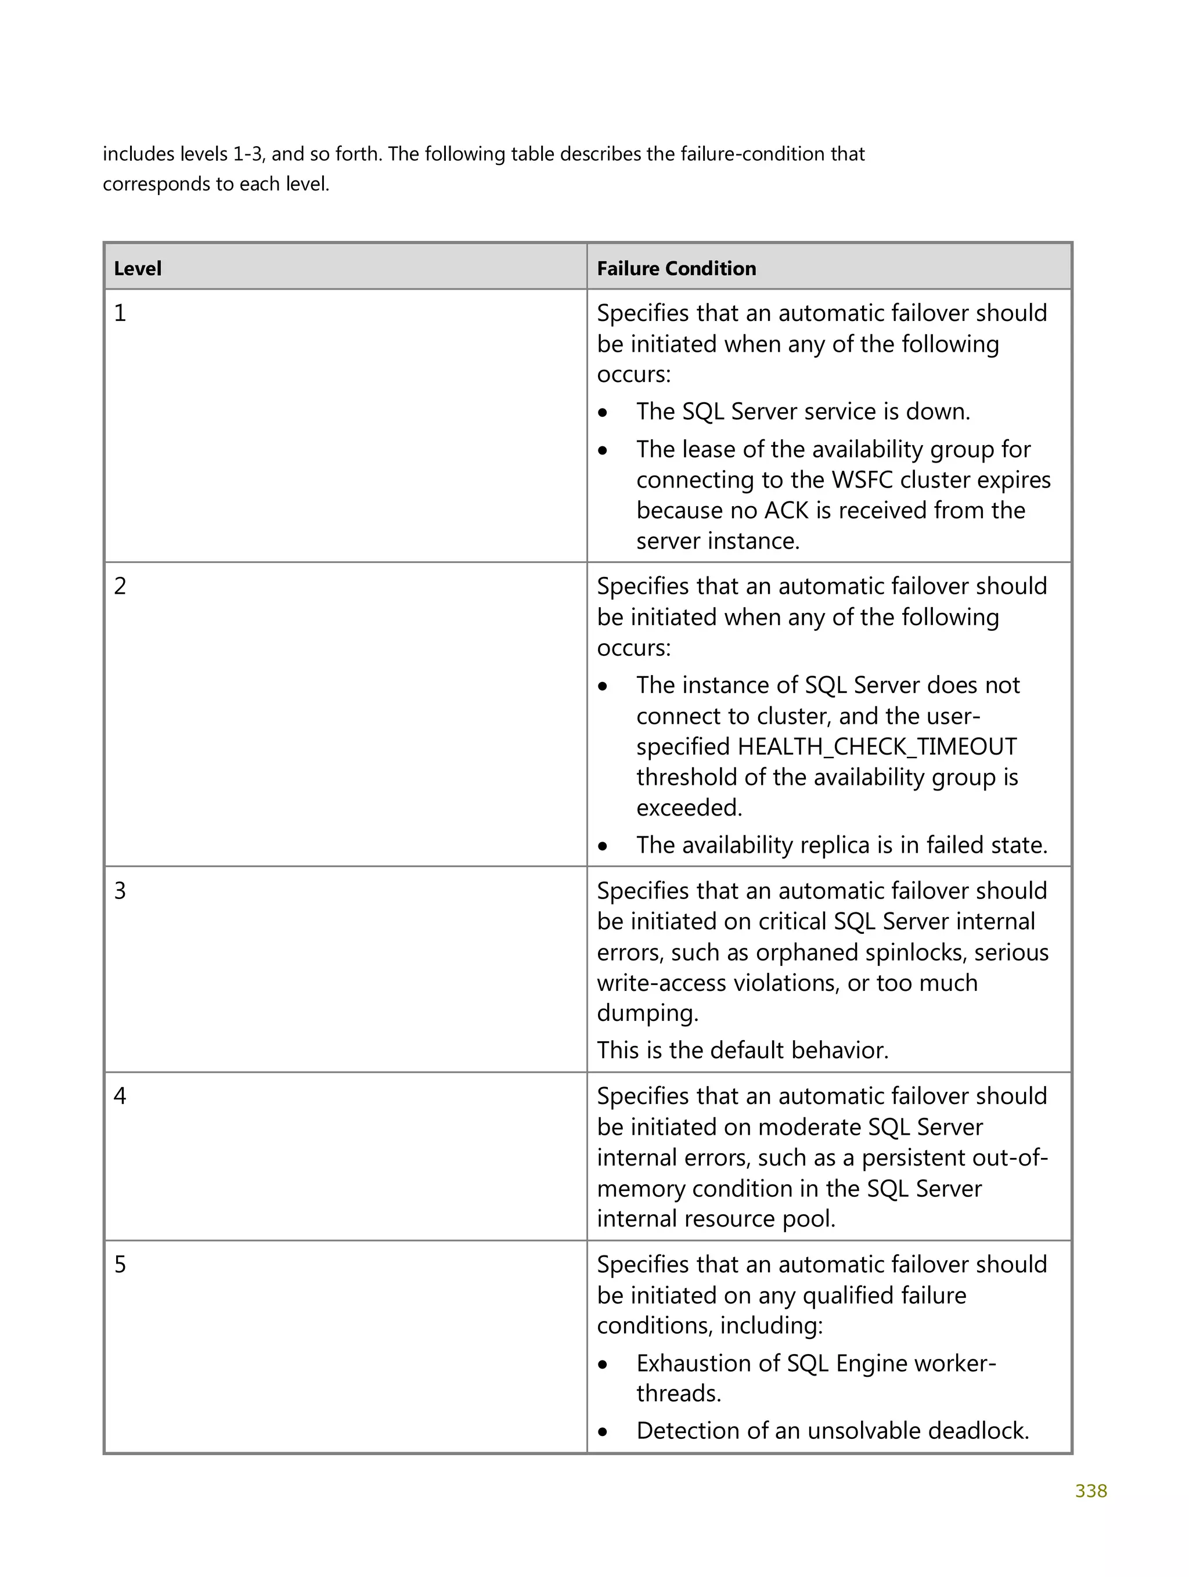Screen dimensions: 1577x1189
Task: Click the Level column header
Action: point(138,269)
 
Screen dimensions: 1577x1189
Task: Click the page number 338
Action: point(1090,1491)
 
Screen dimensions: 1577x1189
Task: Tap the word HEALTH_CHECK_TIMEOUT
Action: point(877,746)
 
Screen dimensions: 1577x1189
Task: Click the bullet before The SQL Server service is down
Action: point(603,413)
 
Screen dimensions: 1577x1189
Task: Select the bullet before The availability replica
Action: point(603,846)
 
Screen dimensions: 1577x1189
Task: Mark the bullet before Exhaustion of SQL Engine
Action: point(603,1365)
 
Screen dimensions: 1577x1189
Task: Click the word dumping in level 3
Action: point(647,1013)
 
